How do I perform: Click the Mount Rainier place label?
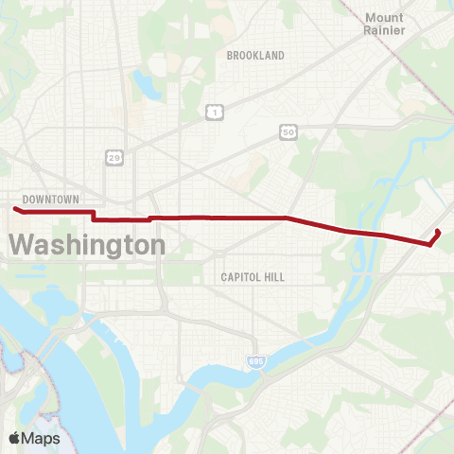pos(384,24)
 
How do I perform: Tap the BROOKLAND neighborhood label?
pos(255,56)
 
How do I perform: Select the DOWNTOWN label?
pos(50,200)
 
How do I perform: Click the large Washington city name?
pos(87,245)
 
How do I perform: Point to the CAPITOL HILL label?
pos(253,277)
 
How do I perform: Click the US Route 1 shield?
pos(216,113)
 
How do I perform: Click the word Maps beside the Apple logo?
pos(42,439)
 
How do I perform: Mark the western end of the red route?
pos(14,208)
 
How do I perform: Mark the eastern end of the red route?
pos(438,231)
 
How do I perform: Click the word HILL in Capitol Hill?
pos(274,277)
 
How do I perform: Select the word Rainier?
pos(384,30)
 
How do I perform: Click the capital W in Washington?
pos(24,245)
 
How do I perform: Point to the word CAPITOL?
pos(241,277)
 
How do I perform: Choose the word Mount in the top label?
pos(384,17)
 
